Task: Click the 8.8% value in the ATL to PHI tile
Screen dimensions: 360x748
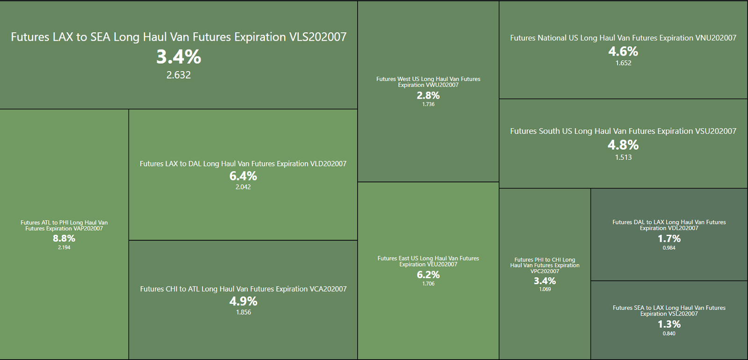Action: pyautogui.click(x=64, y=238)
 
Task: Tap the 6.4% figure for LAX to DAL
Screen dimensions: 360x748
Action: pyautogui.click(x=243, y=176)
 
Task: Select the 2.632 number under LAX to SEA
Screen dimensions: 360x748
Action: pyautogui.click(x=179, y=75)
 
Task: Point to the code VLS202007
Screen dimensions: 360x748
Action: pyautogui.click(x=318, y=37)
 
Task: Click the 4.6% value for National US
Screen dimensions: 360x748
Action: pyautogui.click(x=623, y=51)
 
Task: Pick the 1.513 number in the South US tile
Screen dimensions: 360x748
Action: pyautogui.click(x=623, y=158)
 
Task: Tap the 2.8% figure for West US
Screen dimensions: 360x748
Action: pyautogui.click(x=428, y=95)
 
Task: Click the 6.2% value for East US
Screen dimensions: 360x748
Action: pyautogui.click(x=428, y=275)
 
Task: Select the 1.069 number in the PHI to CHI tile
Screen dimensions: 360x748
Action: pyautogui.click(x=545, y=289)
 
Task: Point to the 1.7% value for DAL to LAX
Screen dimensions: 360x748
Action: pyautogui.click(x=669, y=239)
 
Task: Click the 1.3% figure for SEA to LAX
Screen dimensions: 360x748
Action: pyautogui.click(x=669, y=324)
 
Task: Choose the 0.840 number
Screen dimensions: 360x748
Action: pyautogui.click(x=669, y=334)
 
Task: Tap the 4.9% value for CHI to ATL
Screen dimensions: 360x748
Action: pyautogui.click(x=243, y=302)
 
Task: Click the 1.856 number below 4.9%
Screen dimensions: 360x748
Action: pyautogui.click(x=243, y=312)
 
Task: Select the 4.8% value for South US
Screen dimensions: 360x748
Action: pyautogui.click(x=623, y=145)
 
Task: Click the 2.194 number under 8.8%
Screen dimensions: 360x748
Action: pyautogui.click(x=64, y=248)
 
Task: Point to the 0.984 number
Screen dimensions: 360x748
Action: pyautogui.click(x=669, y=248)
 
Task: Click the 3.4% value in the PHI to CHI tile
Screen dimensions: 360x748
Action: pyautogui.click(x=545, y=281)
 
